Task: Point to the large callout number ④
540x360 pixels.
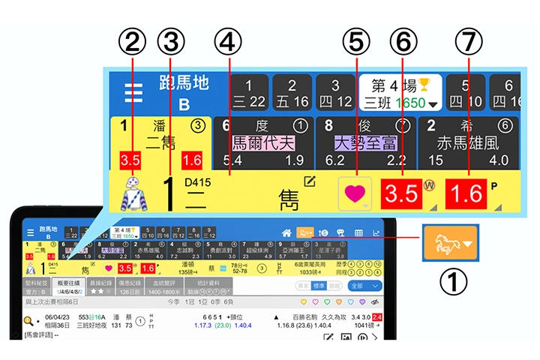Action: (229, 42)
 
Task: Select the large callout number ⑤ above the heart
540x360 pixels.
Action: (357, 42)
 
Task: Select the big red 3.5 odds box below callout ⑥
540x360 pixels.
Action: (402, 193)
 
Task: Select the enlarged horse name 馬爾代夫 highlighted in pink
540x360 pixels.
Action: (262, 142)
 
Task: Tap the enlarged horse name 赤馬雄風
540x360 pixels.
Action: (468, 142)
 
